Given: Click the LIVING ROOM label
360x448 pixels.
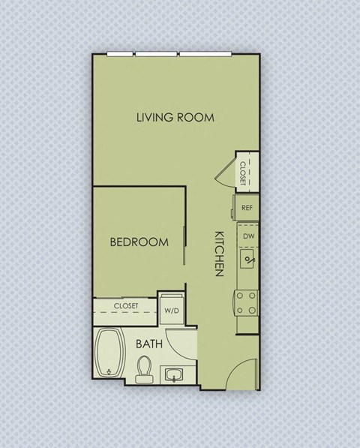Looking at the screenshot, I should coord(175,117).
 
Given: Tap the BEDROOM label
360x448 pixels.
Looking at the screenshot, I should coord(139,242).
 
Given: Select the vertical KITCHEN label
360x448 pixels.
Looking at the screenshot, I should coord(220,253).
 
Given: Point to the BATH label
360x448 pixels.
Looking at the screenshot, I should coord(151,344).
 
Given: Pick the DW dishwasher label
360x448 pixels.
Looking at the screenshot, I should coord(247,236).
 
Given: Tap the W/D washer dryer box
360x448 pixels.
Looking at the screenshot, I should coord(172,308).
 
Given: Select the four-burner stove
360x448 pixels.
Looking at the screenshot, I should coord(247,303).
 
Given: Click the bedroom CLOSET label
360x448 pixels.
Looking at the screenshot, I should coord(125,306).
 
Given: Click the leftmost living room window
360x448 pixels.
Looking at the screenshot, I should coord(120,54).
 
